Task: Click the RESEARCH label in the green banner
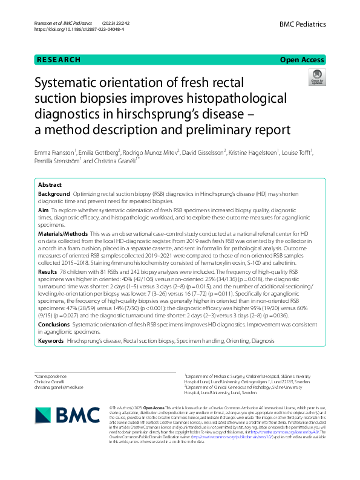coord(59,60)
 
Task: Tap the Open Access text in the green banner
coord(303,60)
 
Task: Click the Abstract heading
coord(50,184)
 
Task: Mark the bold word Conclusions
coord(54,325)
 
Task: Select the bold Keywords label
coord(51,341)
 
